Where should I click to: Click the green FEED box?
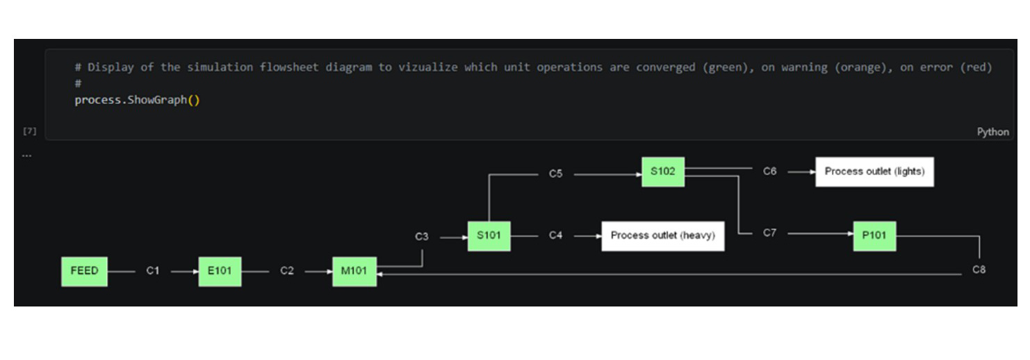84,271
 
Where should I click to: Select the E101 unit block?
220,271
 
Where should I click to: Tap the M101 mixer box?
354,271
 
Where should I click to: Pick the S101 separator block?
489,236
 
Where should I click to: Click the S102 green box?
662,172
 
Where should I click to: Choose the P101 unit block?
874,236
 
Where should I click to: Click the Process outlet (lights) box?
874,172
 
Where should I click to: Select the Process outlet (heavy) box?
662,236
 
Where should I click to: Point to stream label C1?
152,271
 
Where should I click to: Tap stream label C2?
287,271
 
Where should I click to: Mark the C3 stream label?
422,236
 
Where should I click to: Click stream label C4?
555,236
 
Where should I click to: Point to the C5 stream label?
555,174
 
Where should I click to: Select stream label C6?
769,171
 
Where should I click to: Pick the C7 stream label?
769,233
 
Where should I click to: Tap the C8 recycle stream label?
979,270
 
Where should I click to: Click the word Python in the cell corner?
992,132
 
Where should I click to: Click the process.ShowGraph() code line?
137,100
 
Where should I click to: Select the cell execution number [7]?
29,131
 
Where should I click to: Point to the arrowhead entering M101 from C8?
380,275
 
